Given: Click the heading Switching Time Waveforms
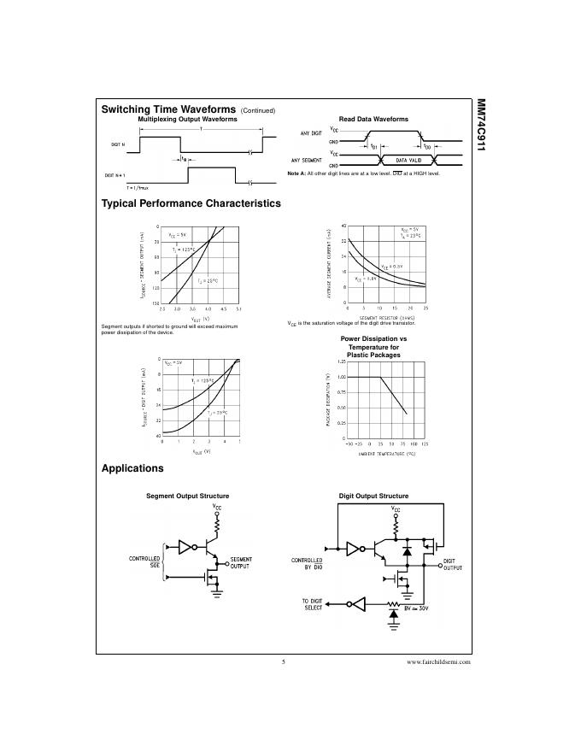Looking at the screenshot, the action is pyautogui.click(x=168, y=109).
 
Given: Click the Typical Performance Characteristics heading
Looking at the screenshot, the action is pyautogui.click(x=191, y=203).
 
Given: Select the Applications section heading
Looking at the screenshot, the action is pyautogui.click(x=132, y=468).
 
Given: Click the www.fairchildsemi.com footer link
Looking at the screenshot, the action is pyautogui.click(x=438, y=662).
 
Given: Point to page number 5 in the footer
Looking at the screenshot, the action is pyautogui.click(x=283, y=662).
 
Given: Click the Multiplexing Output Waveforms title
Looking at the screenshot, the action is pyautogui.click(x=187, y=120).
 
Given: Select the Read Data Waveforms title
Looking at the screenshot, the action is pyautogui.click(x=373, y=119).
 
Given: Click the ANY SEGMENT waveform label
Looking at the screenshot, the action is pyautogui.click(x=307, y=160).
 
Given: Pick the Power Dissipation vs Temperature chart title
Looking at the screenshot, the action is pyautogui.click(x=373, y=347).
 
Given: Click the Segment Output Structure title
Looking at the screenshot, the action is pyautogui.click(x=187, y=496).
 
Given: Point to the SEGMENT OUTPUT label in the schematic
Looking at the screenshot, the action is pyautogui.click(x=241, y=562).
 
